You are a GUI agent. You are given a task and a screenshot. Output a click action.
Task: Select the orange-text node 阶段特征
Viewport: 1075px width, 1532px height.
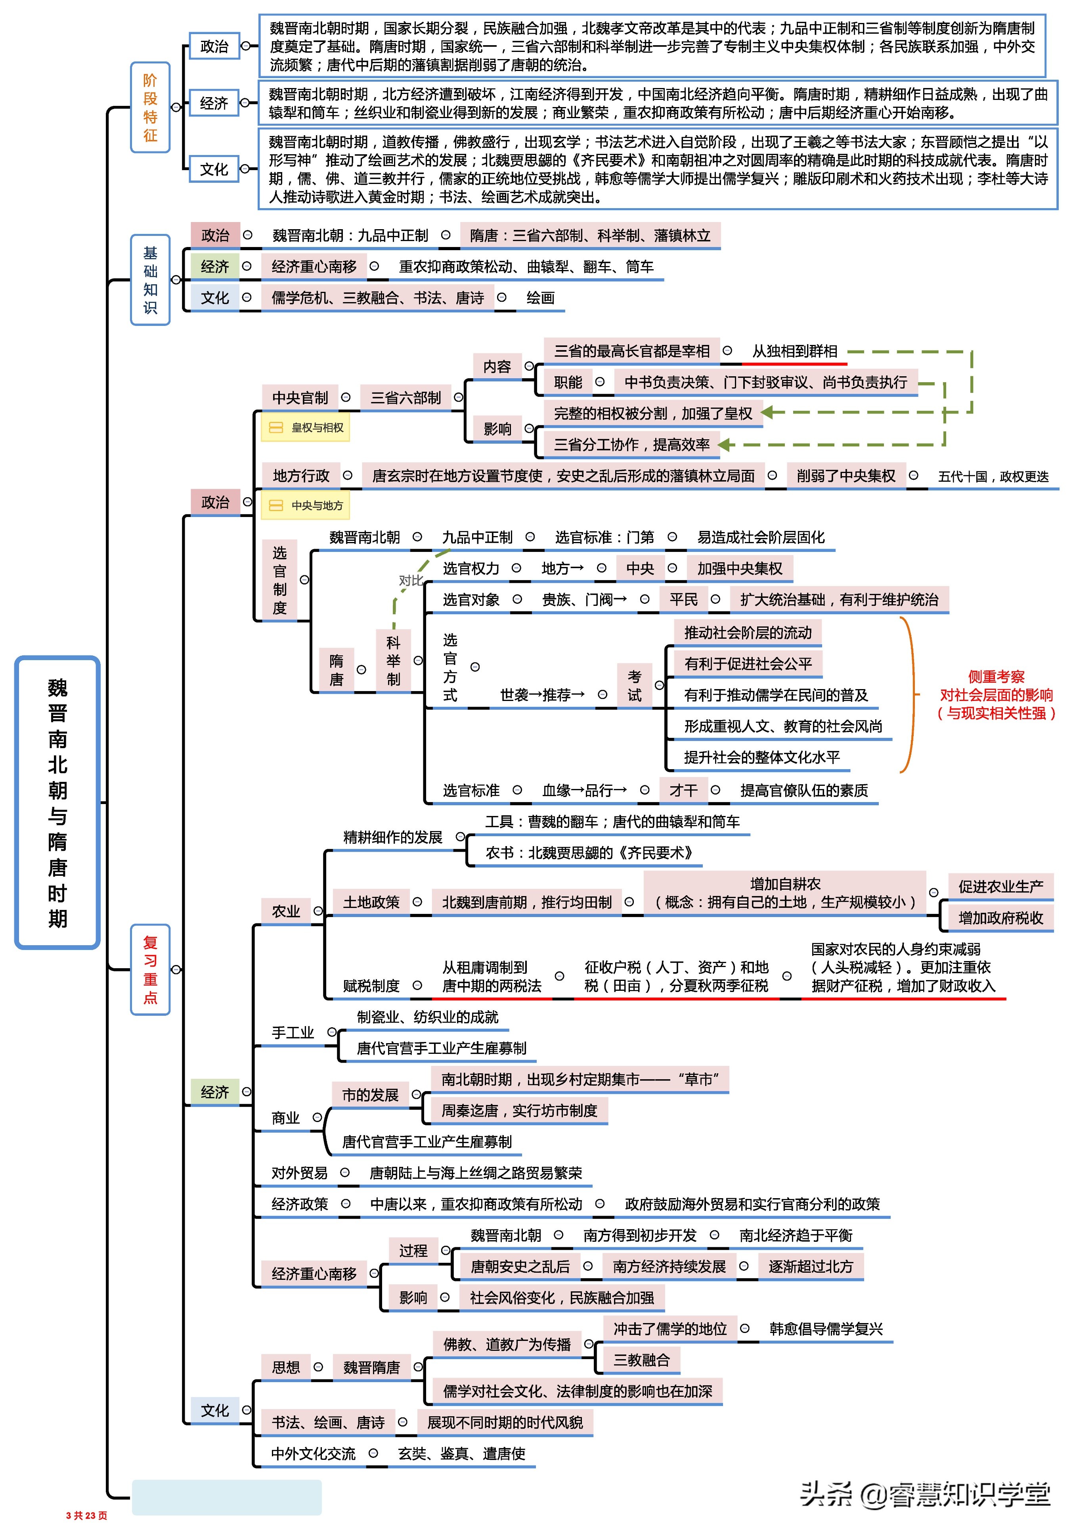click(150, 107)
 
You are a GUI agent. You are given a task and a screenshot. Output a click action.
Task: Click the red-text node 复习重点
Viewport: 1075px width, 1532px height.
click(150, 969)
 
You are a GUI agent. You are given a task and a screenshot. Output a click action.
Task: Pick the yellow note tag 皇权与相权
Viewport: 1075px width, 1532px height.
click(306, 428)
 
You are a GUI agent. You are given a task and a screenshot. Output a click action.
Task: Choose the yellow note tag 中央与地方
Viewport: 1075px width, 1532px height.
click(306, 506)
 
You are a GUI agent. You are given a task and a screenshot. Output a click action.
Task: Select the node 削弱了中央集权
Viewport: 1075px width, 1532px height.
click(845, 476)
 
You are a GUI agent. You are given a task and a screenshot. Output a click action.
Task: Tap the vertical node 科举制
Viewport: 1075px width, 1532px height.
click(393, 661)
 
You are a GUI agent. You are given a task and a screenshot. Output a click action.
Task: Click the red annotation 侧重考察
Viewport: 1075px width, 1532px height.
click(996, 676)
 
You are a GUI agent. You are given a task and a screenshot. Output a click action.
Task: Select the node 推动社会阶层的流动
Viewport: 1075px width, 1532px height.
click(747, 632)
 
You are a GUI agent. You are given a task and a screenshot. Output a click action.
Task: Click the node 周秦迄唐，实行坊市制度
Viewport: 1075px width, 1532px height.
click(519, 1110)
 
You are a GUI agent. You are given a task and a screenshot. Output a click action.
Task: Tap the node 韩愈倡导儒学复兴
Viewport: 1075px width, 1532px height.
click(825, 1329)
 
